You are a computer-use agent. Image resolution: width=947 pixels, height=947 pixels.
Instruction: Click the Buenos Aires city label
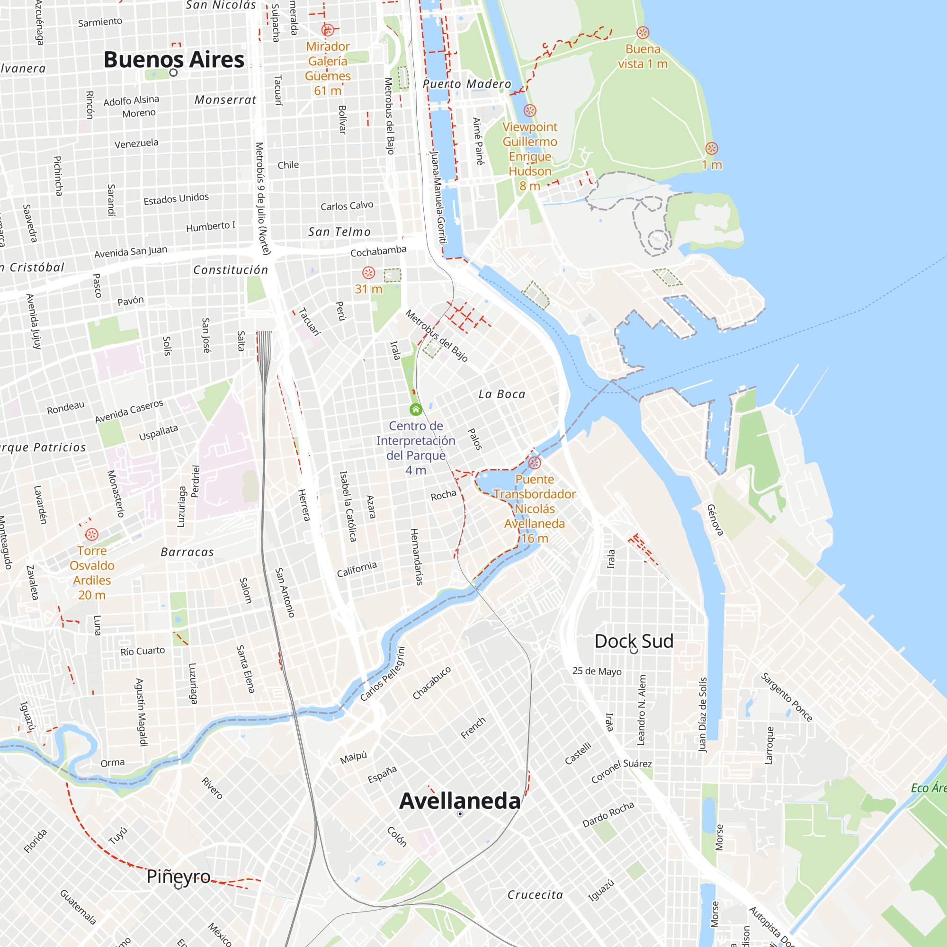(173, 60)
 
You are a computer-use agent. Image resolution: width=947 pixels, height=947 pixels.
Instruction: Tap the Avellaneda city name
(459, 801)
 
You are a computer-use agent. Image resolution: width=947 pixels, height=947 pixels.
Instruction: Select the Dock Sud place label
(634, 641)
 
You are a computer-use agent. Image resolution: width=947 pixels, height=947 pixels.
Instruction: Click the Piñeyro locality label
(179, 876)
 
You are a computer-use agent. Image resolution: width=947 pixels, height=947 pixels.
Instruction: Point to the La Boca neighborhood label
(501, 394)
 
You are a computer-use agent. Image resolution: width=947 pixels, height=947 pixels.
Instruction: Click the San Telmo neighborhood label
(339, 232)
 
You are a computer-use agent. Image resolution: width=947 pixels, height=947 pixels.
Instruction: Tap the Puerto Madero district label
(467, 84)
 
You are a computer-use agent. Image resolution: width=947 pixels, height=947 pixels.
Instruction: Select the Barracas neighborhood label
(187, 552)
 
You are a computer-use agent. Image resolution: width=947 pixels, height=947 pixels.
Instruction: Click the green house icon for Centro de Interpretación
(416, 409)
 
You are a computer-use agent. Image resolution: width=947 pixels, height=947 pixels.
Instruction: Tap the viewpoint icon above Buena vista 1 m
(643, 33)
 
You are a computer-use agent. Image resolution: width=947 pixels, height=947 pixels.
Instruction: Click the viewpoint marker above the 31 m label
(368, 273)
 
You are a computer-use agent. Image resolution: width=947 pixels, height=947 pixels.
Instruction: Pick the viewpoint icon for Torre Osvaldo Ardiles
(92, 534)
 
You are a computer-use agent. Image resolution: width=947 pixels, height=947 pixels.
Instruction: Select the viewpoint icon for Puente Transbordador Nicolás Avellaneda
(534, 463)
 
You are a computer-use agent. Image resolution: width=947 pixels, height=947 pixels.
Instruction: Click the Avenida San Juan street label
(130, 252)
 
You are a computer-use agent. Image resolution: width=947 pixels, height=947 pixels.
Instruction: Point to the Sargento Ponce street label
(786, 697)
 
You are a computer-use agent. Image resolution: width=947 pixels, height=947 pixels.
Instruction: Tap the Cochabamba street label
(378, 251)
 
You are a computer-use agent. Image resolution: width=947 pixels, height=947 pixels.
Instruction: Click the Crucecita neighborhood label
(535, 895)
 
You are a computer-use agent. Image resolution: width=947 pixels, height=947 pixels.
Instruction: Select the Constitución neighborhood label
(231, 270)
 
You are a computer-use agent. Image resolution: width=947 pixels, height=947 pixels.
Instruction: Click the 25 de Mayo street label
(597, 671)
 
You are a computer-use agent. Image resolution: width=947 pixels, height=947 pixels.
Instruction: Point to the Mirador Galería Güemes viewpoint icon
(328, 30)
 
